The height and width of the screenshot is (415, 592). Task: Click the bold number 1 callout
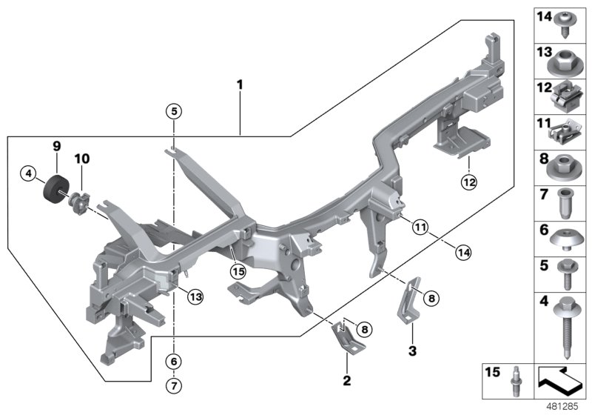pyautogui.click(x=239, y=86)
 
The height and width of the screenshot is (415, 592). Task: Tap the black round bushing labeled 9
pyautogui.click(x=55, y=189)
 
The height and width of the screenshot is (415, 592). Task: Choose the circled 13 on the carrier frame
pyautogui.click(x=195, y=296)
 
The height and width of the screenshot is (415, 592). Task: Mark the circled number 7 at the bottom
pyautogui.click(x=173, y=385)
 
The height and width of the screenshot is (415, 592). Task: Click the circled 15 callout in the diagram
pyautogui.click(x=238, y=272)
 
